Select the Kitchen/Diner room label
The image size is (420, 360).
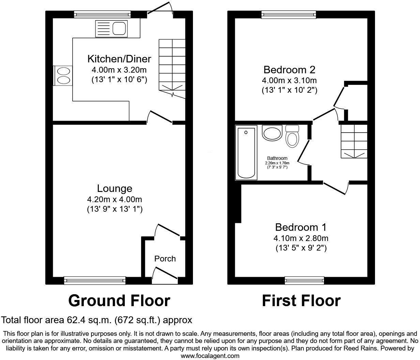119,59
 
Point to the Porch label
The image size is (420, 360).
165,259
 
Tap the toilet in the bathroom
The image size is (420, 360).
292,136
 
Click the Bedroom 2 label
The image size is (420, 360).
289,70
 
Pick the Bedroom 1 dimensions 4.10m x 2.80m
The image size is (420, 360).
301,238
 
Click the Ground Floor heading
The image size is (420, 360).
119,301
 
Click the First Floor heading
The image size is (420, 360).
301,301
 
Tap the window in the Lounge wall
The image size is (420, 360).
95,280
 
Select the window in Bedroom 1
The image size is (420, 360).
304,280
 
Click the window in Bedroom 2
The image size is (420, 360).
289,14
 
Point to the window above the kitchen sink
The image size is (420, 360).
102,14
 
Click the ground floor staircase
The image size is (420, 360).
172,68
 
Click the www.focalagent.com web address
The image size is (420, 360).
210,356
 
